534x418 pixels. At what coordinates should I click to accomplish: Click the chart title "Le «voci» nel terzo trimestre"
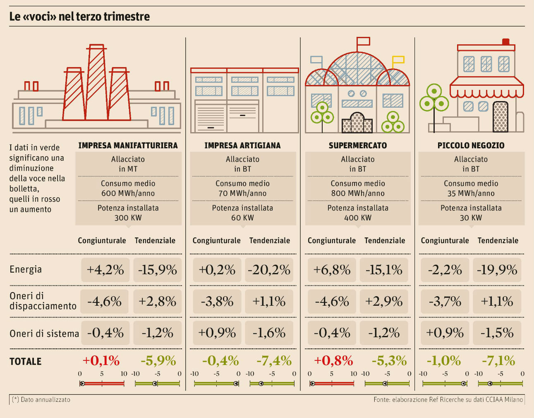click(x=79, y=17)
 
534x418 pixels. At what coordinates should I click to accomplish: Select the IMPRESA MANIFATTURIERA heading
click(x=128, y=145)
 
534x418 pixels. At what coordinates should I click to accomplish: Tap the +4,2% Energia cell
click(x=105, y=270)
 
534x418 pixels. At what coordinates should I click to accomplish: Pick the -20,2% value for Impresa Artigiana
click(x=269, y=270)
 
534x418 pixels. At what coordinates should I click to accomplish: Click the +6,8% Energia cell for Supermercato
click(x=332, y=270)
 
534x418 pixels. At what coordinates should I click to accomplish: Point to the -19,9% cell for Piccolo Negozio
click(x=497, y=270)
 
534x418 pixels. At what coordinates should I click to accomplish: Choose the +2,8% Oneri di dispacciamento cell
click(x=157, y=301)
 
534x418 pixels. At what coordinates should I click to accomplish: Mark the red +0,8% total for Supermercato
click(x=333, y=361)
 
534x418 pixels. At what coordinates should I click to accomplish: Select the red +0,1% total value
click(x=101, y=361)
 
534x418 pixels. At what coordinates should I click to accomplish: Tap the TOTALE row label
click(x=26, y=362)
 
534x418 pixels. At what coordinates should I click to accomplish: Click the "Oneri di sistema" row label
click(x=44, y=333)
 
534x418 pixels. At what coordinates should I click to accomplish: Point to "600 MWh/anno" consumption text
click(x=128, y=193)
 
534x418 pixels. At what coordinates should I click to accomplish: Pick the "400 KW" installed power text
click(x=358, y=218)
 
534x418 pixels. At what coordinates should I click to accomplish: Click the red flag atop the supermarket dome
click(x=363, y=41)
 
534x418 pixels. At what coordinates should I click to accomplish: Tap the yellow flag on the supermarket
click(x=398, y=59)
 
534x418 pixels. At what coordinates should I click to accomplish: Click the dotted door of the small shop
click(x=500, y=116)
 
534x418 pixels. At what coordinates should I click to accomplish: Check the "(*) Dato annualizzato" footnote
click(x=41, y=400)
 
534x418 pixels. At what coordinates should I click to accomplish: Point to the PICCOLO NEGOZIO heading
click(x=471, y=145)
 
